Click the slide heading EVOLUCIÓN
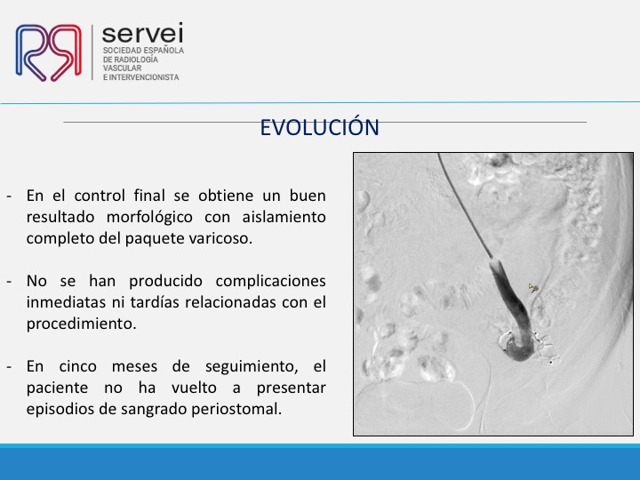[320, 127]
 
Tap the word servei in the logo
[142, 33]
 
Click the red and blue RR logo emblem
[49, 52]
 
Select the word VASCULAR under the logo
[122, 68]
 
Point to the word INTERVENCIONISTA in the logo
[144, 77]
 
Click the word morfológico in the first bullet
[149, 218]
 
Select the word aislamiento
[284, 217]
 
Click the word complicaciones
[270, 282]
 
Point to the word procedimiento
[81, 324]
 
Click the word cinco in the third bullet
[77, 366]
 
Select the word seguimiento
[252, 367]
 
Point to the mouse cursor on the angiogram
[532, 288]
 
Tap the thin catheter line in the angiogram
[465, 207]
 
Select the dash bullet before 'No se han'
[10, 282]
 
